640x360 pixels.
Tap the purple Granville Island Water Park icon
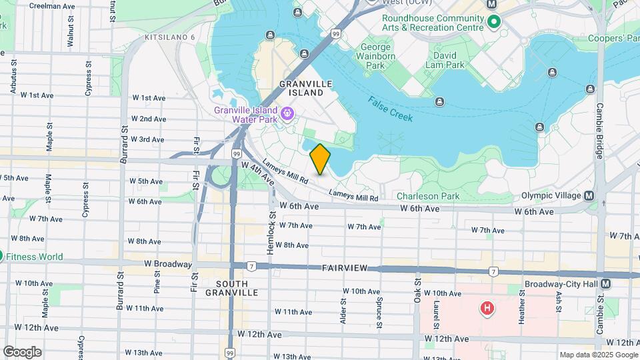click(x=287, y=114)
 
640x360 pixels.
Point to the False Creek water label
click(x=390, y=109)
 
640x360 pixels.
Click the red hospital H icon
click(x=488, y=308)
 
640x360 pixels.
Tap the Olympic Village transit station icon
click(x=589, y=195)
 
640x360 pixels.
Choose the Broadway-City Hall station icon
click(x=605, y=283)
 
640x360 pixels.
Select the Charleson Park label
click(x=427, y=196)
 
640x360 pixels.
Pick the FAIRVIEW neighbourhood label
click(x=345, y=267)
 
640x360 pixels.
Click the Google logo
click(x=22, y=351)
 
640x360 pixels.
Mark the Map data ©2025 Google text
click(x=598, y=355)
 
